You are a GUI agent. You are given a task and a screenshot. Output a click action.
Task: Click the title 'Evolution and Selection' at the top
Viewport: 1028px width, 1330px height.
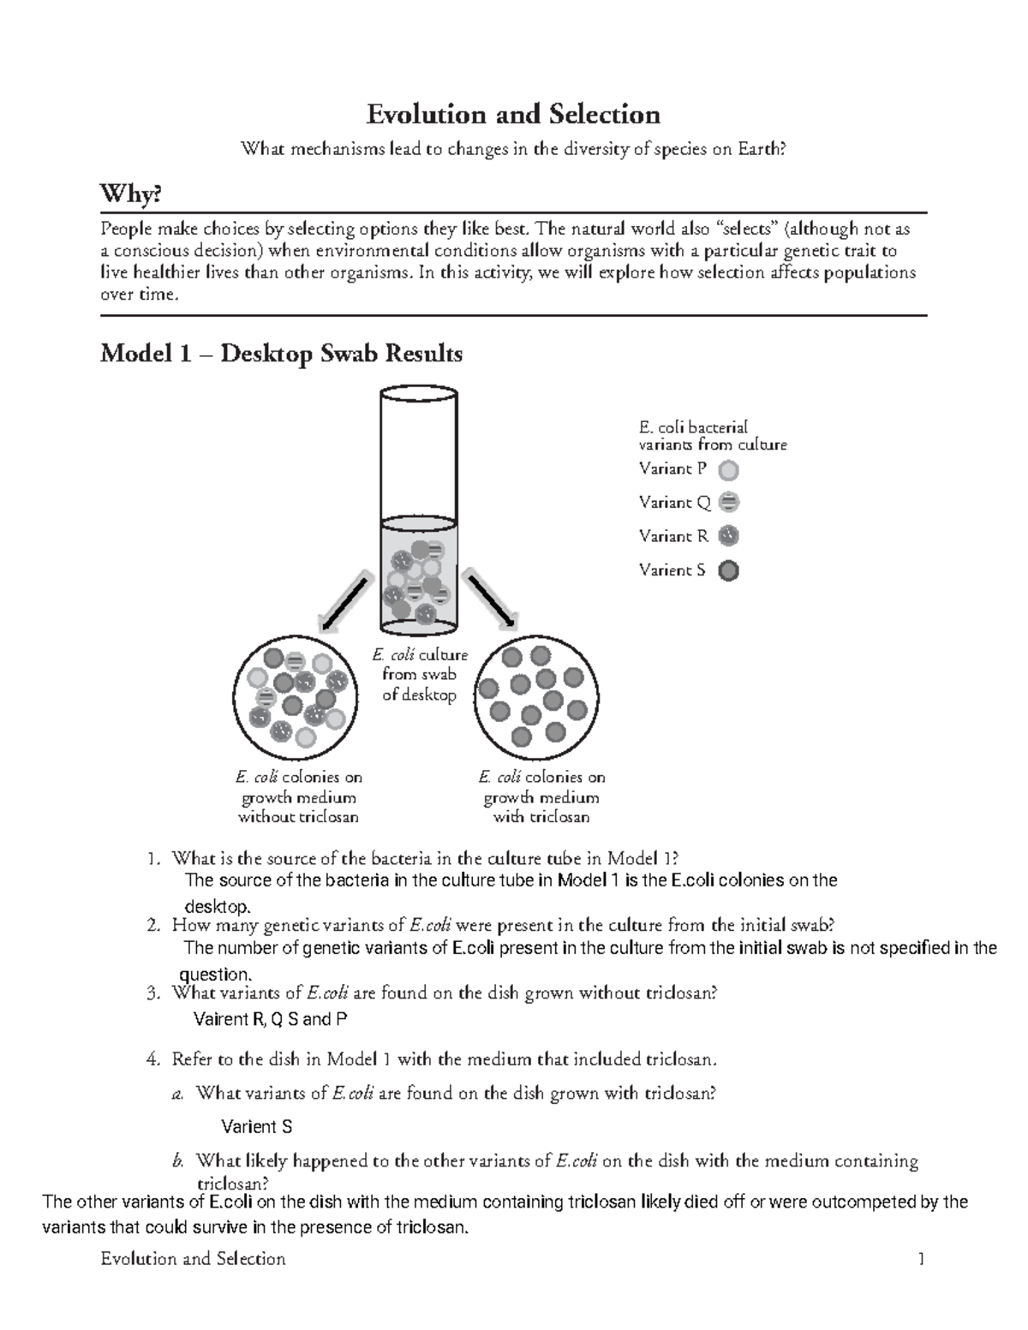513,114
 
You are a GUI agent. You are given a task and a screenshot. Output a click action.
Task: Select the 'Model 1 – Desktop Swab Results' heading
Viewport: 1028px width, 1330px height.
281,353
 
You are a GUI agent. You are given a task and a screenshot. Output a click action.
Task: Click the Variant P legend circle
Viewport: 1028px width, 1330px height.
728,469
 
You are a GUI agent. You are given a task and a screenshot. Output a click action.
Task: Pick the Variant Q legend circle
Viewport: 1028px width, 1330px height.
728,503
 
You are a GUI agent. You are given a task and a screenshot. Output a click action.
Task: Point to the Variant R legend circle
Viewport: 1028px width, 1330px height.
728,536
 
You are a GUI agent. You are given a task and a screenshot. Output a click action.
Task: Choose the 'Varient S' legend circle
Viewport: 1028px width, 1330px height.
728,570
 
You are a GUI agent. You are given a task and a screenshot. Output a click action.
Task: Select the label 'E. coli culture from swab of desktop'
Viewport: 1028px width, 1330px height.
419,675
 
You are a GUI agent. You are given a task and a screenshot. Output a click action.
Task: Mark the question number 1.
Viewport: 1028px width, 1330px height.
152,858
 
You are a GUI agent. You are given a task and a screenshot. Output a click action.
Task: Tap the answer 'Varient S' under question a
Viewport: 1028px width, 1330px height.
257,1127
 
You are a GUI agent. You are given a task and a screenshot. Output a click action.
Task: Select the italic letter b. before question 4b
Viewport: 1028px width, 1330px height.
178,1161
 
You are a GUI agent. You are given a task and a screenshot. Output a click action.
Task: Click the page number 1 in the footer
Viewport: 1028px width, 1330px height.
921,1259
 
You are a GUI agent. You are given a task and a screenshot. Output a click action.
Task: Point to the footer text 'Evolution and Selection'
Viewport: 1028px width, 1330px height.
193,1259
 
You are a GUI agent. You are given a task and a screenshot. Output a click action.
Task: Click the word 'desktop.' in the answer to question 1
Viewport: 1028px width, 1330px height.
218,906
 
